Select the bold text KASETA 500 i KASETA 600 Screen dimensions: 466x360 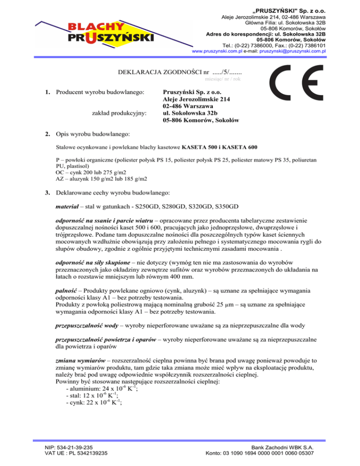coord(219,147)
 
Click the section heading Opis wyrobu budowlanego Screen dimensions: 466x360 coord(92,135)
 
